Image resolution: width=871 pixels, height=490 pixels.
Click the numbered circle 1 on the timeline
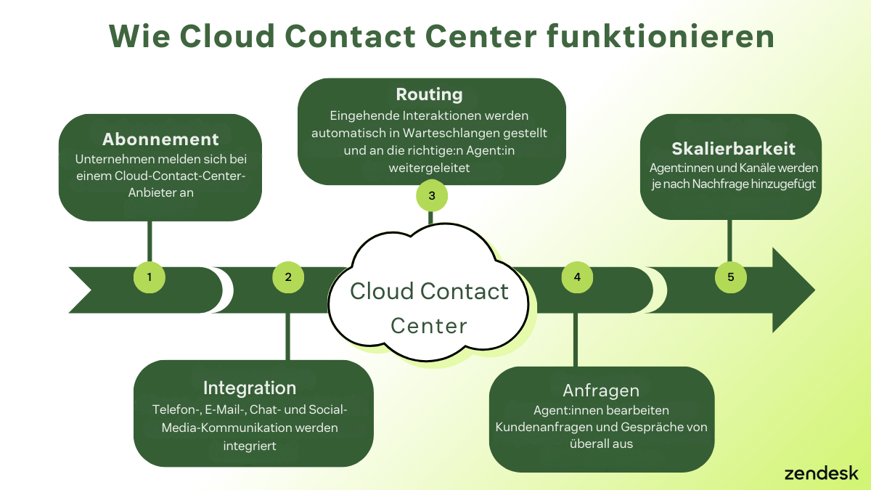[x=150, y=277]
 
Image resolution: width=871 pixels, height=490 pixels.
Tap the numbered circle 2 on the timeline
[x=288, y=277]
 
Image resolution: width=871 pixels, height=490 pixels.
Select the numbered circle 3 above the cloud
[x=432, y=195]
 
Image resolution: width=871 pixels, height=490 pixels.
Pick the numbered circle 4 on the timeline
[x=577, y=277]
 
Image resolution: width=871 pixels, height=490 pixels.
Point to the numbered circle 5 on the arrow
[x=730, y=277]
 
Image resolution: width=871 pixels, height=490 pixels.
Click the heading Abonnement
[x=160, y=139]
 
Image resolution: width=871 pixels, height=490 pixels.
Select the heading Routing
[x=429, y=94]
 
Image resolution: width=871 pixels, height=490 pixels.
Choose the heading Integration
[x=250, y=388]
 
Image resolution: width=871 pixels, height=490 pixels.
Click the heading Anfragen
[x=601, y=391]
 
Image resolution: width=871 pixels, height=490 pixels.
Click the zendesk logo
[x=821, y=473]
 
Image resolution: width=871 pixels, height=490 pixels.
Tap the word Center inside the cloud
[x=428, y=325]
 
